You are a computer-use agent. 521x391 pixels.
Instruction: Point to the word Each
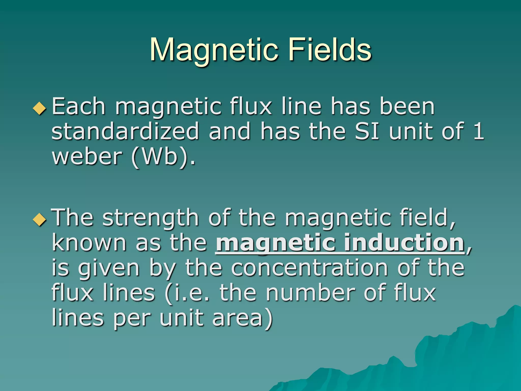pos(79,107)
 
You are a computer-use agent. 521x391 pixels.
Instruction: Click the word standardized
pos(125,131)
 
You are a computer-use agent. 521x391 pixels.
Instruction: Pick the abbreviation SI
pos(367,131)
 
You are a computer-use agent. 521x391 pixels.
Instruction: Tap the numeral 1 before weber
pos(479,131)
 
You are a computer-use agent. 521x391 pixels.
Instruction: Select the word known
pos(89,243)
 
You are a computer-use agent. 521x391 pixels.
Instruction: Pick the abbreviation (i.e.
pos(187,293)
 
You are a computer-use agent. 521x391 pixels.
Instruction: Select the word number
pos(311,293)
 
